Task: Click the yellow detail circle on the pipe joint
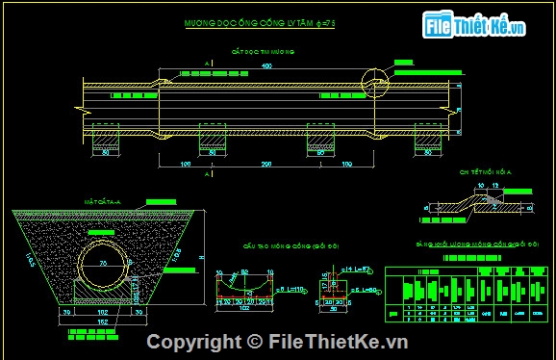[x=372, y=83]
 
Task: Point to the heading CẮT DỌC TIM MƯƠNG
[x=260, y=50]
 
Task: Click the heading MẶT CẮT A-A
[x=99, y=202]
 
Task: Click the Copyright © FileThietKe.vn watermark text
[x=277, y=342]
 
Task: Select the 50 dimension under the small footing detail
[x=334, y=310]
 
